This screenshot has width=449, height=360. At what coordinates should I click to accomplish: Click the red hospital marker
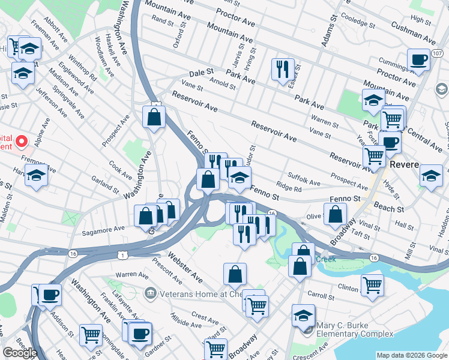[x=22, y=142]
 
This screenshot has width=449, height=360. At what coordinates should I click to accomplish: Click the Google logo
[x=20, y=353]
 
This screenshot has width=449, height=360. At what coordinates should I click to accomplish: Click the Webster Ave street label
[x=190, y=266]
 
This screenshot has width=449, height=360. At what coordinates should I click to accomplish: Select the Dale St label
[x=202, y=73]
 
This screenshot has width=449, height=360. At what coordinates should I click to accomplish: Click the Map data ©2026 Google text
[x=411, y=355]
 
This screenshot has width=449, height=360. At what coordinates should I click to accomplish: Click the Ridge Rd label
[x=288, y=188]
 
